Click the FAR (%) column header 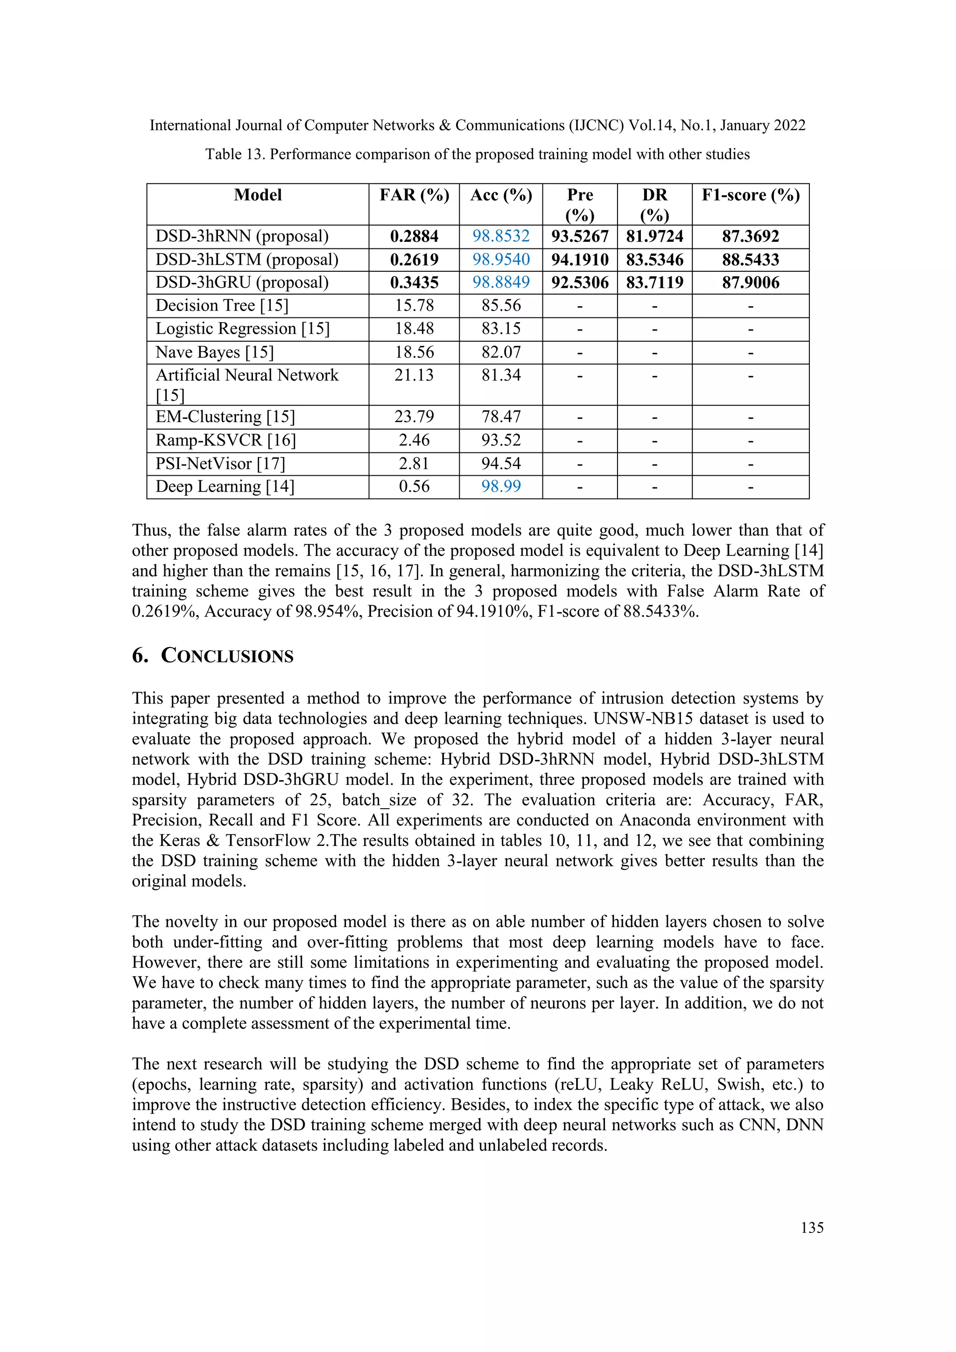click(x=414, y=195)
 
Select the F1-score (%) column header click(x=751, y=195)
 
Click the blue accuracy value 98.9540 click(x=501, y=260)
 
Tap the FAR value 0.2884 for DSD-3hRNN click(x=414, y=236)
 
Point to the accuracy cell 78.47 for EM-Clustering click(x=501, y=417)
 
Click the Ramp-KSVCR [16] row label click(x=225, y=440)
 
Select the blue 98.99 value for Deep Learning click(x=501, y=486)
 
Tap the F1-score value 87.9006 click(x=751, y=282)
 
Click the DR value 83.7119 click(x=654, y=282)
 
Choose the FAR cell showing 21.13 click(x=414, y=375)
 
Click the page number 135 click(x=812, y=1228)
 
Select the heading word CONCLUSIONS click(x=227, y=656)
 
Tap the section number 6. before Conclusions click(x=140, y=656)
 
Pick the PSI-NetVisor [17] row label click(x=220, y=464)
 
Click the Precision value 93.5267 click(x=580, y=236)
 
